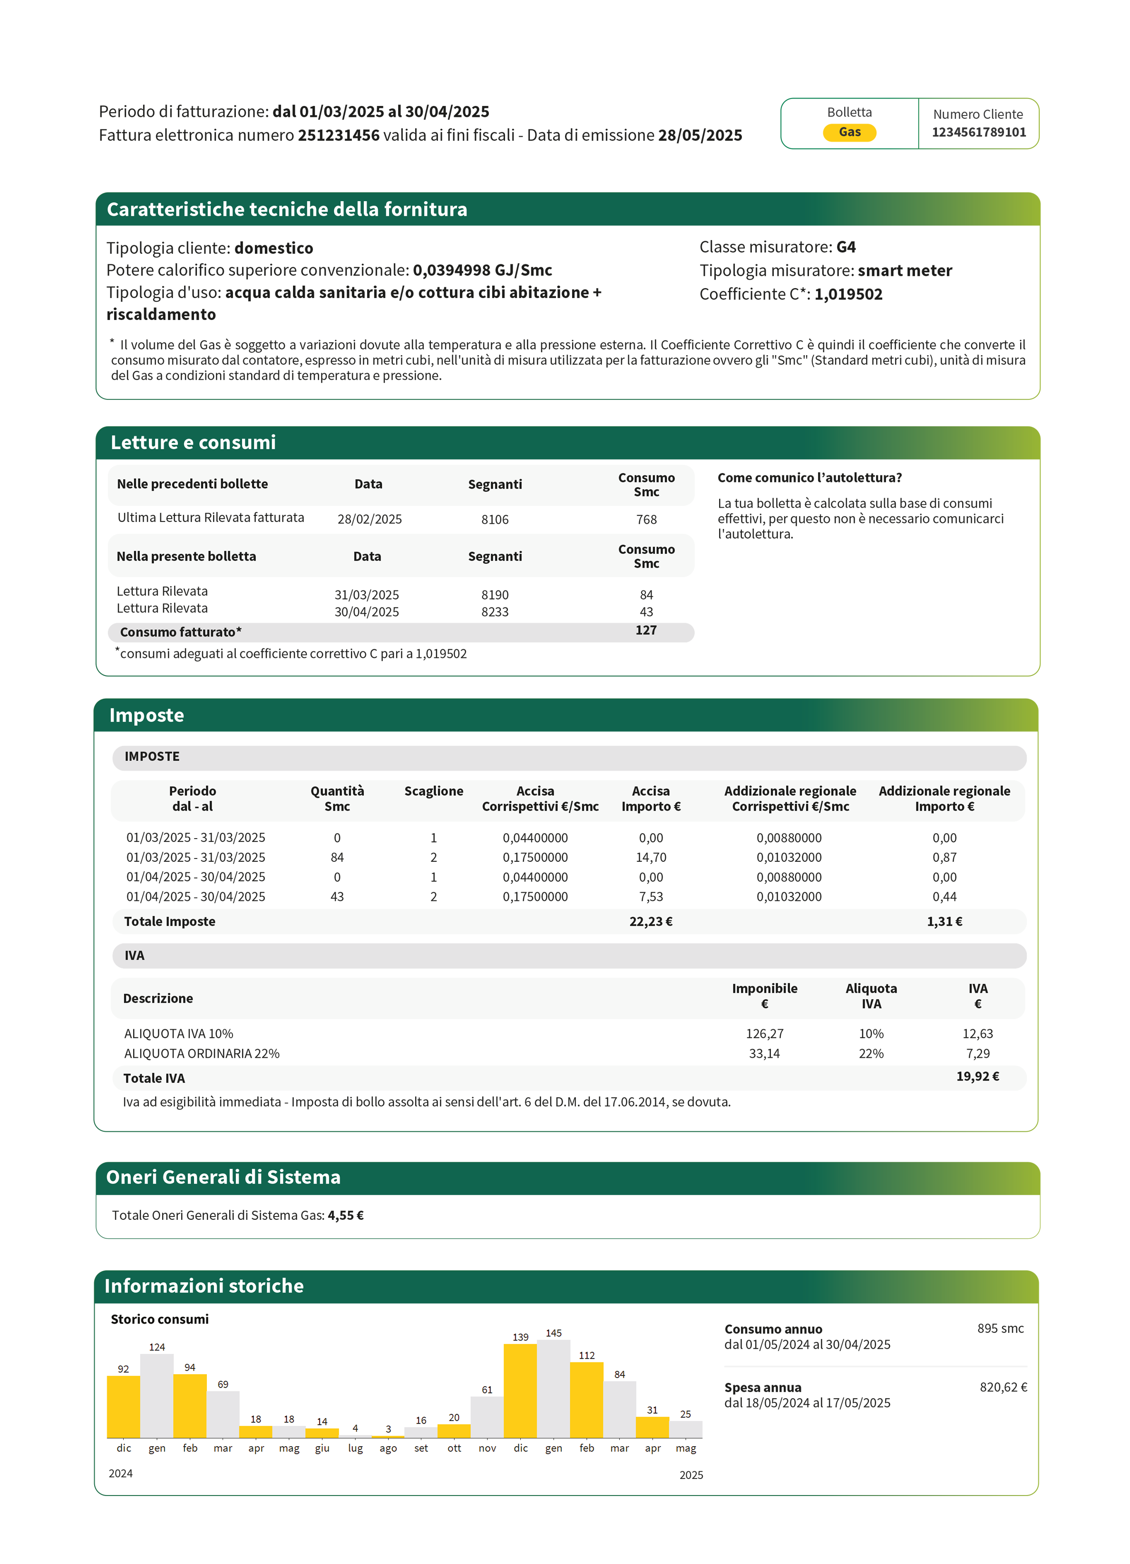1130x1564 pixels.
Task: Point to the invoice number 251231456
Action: click(x=338, y=135)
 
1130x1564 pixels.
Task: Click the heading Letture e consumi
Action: click(x=193, y=443)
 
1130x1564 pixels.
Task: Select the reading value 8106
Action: click(x=495, y=519)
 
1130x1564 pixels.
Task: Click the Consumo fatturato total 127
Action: click(x=646, y=630)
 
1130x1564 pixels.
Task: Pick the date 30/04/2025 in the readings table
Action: click(x=366, y=612)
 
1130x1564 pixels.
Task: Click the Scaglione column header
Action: click(x=433, y=791)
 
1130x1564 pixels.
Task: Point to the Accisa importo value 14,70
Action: click(x=651, y=857)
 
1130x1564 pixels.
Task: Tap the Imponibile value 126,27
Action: click(x=764, y=1033)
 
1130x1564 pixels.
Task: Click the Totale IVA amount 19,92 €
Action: click(x=977, y=1076)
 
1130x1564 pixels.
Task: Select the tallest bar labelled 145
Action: click(x=553, y=1390)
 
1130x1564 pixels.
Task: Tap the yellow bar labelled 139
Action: click(x=520, y=1391)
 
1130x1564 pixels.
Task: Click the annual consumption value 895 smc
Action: click(x=1000, y=1328)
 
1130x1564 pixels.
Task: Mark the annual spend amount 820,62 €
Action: click(x=1003, y=1387)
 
